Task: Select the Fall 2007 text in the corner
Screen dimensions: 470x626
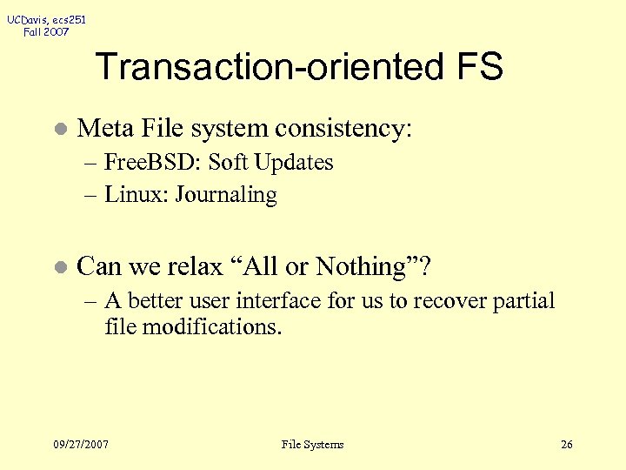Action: [47, 32]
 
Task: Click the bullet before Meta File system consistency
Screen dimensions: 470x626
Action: [58, 130]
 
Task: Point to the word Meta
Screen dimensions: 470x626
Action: [103, 129]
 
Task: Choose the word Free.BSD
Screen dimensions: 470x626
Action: [153, 163]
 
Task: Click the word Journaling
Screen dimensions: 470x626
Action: [226, 196]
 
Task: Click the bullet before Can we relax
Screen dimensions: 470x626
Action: [58, 267]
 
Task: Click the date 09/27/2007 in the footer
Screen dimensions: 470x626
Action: [81, 445]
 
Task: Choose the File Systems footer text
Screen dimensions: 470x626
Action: [313, 445]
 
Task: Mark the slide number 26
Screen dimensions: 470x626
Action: [567, 445]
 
